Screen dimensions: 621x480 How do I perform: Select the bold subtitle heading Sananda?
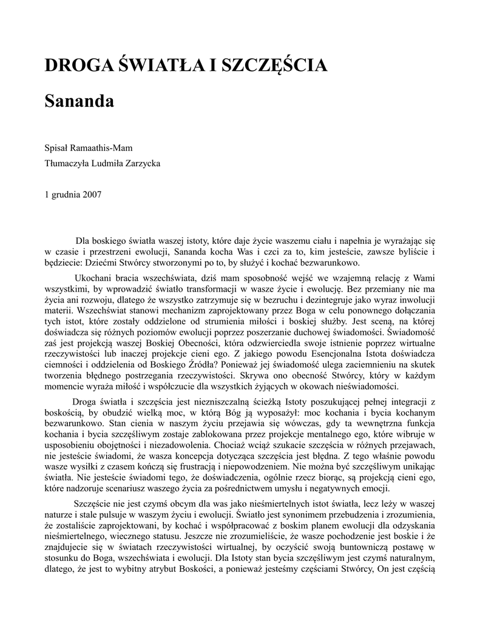pos(79,101)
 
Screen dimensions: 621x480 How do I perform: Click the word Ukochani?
pos(90,278)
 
